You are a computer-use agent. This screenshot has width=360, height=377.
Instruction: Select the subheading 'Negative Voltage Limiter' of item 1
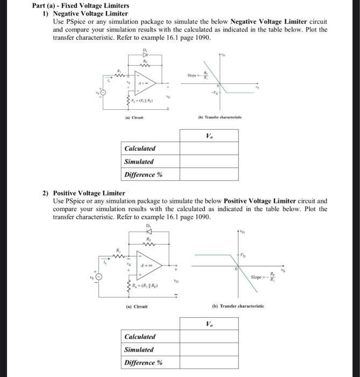(x=90, y=13)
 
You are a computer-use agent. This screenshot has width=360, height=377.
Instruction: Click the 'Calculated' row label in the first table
(x=140, y=149)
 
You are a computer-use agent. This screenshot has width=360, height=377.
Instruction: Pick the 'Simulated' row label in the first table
(x=139, y=162)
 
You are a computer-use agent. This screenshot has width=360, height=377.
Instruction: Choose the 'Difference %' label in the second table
(x=143, y=362)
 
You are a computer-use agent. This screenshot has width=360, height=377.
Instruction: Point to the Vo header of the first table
(x=208, y=136)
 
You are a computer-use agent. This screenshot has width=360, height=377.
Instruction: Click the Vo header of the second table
(x=208, y=324)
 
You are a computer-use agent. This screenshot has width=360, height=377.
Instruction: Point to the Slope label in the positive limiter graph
(x=263, y=277)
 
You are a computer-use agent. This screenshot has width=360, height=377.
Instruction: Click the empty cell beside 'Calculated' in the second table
(x=208, y=337)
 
